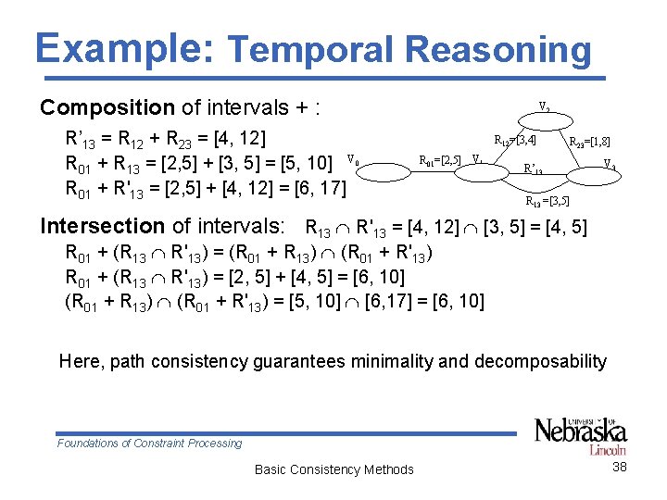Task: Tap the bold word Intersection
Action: point(102,225)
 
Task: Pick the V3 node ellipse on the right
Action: point(610,165)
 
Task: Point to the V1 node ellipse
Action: point(476,159)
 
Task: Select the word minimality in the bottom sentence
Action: point(409,362)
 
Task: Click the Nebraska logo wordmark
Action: point(580,431)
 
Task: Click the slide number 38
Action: point(620,468)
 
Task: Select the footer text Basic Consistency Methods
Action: point(333,469)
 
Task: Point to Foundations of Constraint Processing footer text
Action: point(149,444)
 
